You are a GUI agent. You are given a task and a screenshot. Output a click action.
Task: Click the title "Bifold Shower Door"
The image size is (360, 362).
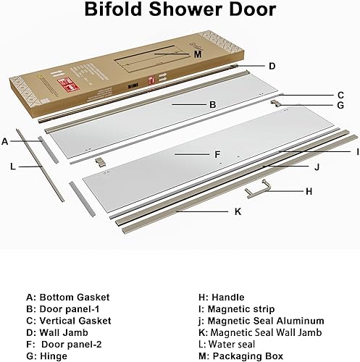tap(180, 10)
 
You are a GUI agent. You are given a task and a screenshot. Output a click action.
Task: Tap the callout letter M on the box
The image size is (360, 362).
tap(196, 53)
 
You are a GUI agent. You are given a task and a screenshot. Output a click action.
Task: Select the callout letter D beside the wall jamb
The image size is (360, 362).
tap(272, 66)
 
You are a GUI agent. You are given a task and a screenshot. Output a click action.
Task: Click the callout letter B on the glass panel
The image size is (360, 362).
tap(212, 105)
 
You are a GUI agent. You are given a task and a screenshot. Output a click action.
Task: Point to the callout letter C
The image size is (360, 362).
tap(340, 95)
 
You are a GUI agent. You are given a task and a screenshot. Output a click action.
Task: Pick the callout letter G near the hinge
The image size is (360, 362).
tap(340, 106)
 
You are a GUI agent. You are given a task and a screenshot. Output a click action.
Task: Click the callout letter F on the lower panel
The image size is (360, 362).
tap(217, 154)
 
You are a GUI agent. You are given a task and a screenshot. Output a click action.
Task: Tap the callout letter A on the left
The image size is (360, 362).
tap(5, 141)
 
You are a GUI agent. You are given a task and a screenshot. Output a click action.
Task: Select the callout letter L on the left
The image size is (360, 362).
tap(13, 167)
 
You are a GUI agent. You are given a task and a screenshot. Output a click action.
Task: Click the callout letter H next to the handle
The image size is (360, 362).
tap(309, 191)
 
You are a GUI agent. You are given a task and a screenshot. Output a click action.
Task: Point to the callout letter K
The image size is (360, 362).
tap(238, 212)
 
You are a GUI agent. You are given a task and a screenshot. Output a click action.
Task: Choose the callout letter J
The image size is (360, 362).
tap(317, 167)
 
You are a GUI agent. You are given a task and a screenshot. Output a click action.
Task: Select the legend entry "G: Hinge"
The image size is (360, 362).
tap(49, 355)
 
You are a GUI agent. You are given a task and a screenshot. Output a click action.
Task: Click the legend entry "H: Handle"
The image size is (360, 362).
tap(221, 297)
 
